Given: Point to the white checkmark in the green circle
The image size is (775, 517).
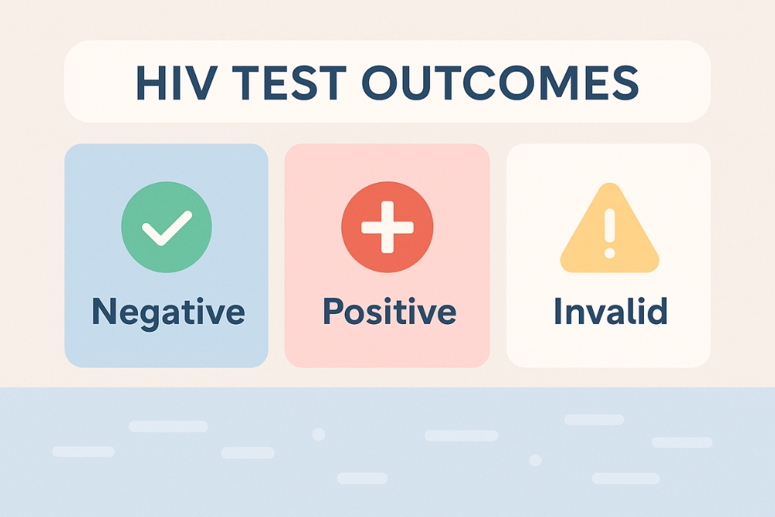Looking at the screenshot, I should tap(167, 228).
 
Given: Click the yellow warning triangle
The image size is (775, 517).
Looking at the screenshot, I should tap(609, 231).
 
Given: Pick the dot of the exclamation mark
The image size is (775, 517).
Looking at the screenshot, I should tap(609, 253).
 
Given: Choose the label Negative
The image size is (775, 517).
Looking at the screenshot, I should tap(167, 312).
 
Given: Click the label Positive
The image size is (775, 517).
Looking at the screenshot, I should tap(388, 312).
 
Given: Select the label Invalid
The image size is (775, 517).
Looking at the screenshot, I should tap(610, 312).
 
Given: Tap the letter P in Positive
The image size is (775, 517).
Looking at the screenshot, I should tap(332, 312).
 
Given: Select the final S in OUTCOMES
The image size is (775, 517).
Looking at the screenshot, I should tap(625, 81).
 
